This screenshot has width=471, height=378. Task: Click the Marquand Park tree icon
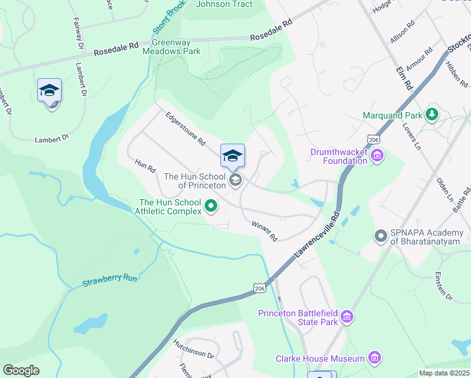point(431,115)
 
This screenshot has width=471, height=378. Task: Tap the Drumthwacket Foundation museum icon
point(377,155)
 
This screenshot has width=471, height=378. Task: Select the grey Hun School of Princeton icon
point(235,181)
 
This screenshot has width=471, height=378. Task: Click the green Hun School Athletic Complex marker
point(211,206)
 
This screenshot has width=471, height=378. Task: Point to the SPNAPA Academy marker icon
point(380,237)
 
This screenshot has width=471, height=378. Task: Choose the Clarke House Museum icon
point(375,358)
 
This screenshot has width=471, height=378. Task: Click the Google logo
point(21,370)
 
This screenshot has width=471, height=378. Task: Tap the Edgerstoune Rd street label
point(185,130)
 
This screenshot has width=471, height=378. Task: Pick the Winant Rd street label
point(264,231)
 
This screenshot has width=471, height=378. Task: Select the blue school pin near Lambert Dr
point(49,92)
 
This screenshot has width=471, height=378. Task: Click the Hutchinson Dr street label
point(194,350)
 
